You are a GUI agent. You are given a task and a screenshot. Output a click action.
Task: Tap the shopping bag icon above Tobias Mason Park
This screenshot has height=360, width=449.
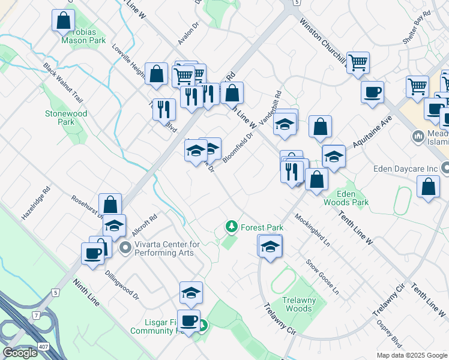tap(63, 20)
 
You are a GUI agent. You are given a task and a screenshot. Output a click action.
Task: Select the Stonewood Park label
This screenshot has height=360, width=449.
tap(66, 117)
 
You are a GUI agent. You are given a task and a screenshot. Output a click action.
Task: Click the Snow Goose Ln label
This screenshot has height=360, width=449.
tap(322, 275)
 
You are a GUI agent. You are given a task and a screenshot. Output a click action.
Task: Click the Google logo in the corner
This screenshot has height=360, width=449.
tap(20, 353)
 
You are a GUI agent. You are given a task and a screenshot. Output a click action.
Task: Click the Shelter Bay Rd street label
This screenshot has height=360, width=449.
tap(418, 25)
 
